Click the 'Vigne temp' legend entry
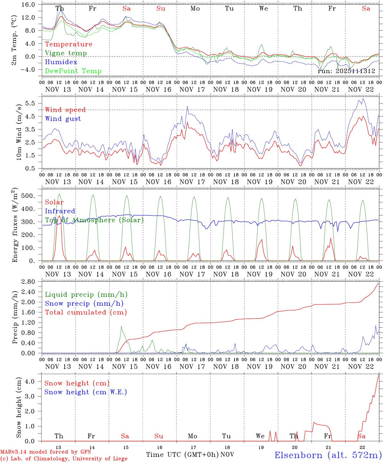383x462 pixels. [66, 53]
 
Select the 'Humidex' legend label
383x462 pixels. [56, 62]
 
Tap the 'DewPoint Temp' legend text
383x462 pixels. [73, 71]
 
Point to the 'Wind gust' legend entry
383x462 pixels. [63, 119]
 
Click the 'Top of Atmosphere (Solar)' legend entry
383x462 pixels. [94, 220]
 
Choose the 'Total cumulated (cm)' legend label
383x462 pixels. [86, 312]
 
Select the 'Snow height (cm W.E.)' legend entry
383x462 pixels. [86, 392]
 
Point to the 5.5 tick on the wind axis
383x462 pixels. [31, 103]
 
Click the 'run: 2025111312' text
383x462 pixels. [346, 71]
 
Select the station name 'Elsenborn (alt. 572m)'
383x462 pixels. [328, 455]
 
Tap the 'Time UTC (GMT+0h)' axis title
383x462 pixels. [182, 455]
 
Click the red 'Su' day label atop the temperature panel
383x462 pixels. [161, 9]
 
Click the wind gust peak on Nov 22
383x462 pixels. [363, 98]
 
